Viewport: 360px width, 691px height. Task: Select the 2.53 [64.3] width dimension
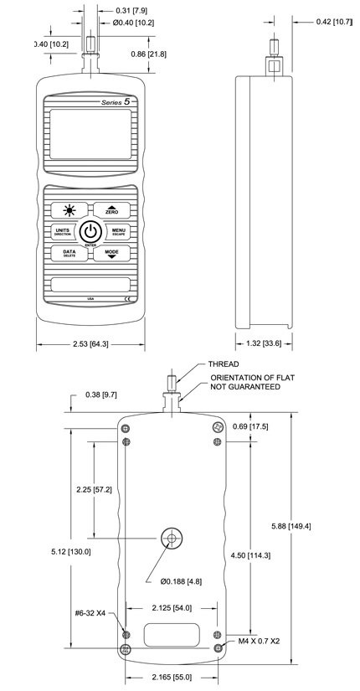[x=88, y=343]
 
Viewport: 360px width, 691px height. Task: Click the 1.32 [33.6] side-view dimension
[x=265, y=343]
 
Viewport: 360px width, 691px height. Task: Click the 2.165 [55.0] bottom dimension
[x=171, y=675]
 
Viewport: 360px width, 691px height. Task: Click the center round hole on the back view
[x=173, y=539]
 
